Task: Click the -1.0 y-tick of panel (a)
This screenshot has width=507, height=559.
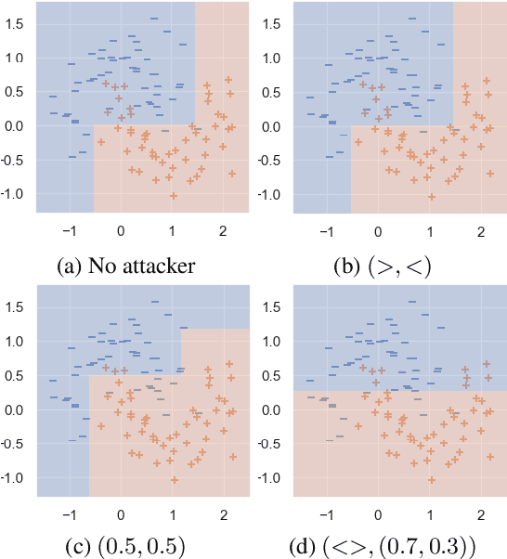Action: [15, 194]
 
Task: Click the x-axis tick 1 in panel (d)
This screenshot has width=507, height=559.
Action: [430, 514]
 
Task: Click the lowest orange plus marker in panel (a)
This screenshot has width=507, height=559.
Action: [174, 195]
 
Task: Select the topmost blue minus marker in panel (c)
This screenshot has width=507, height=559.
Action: [155, 302]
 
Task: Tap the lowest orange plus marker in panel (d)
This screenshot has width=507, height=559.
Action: [432, 480]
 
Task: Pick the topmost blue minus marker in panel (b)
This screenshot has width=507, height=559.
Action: [411, 17]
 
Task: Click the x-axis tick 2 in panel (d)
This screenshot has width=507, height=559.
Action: [481, 514]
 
